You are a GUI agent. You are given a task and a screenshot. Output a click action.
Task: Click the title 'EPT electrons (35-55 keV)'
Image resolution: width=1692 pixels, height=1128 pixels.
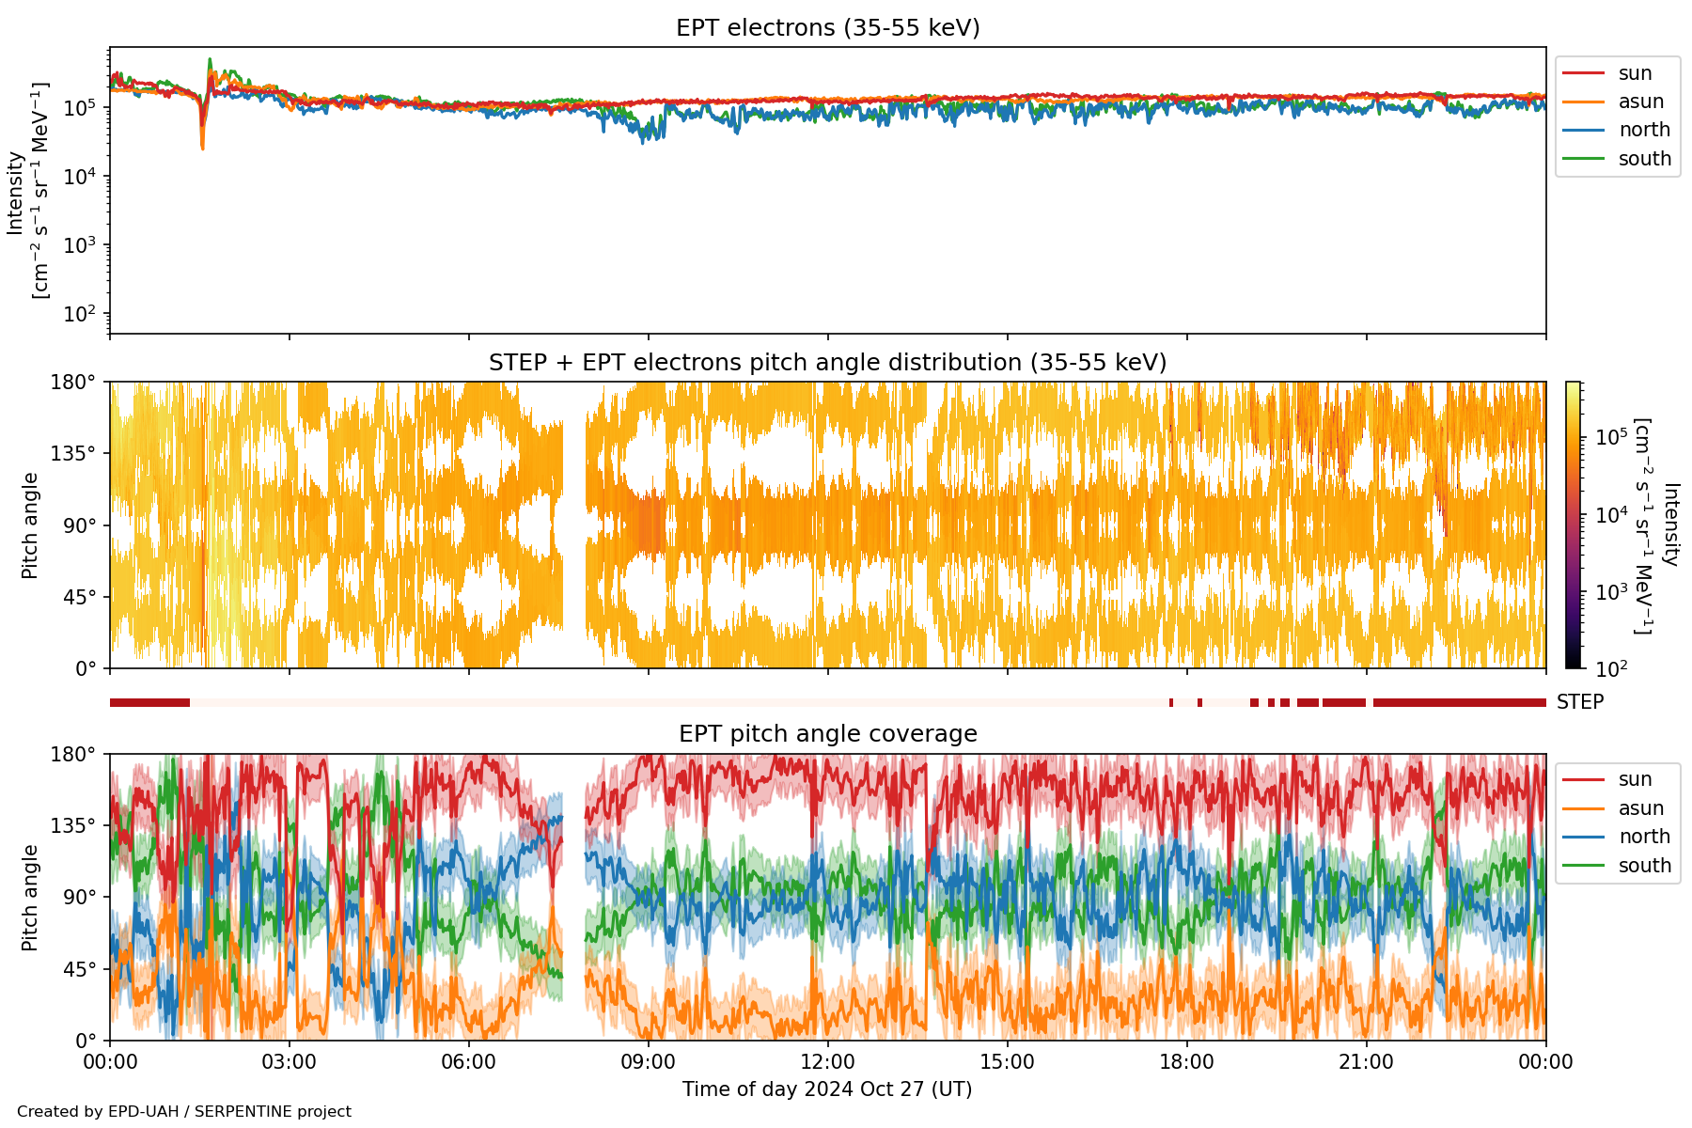(827, 28)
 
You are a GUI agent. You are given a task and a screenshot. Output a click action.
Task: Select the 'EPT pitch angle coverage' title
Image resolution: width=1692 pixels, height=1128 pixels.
(827, 734)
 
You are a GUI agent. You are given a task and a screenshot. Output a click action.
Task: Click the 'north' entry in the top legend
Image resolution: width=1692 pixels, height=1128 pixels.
(1643, 130)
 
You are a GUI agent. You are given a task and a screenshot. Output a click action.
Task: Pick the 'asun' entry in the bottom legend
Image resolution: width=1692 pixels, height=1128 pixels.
(1640, 808)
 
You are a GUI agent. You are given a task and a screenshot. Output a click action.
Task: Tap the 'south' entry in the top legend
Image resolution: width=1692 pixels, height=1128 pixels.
(1644, 159)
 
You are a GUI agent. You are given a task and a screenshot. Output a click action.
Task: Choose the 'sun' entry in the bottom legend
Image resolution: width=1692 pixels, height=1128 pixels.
(1635, 779)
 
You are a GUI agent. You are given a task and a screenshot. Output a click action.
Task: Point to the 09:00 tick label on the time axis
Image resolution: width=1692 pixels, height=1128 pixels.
(649, 1062)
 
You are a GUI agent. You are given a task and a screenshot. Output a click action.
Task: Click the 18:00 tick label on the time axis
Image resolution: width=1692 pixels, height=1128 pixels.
(1186, 1062)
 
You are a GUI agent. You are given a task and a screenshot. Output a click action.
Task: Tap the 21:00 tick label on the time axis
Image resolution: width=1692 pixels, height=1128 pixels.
(1366, 1062)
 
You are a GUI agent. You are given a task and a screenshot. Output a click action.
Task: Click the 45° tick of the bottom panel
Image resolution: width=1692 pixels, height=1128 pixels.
(81, 969)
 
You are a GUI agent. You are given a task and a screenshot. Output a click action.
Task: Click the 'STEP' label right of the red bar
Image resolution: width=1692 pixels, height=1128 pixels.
(1580, 702)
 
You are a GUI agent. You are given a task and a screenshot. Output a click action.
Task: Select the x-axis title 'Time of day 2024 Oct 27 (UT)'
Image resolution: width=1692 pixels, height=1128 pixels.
(827, 1089)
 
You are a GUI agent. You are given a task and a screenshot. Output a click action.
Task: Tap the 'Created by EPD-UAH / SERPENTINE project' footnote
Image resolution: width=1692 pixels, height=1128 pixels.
(184, 1112)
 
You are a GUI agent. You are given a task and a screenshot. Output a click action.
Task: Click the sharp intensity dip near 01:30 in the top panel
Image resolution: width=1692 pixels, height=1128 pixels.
(202, 141)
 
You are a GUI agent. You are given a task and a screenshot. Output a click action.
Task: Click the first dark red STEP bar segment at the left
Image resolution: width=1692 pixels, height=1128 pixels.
(149, 702)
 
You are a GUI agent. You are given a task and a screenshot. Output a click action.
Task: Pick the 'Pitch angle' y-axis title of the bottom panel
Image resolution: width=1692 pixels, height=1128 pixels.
(30, 897)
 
